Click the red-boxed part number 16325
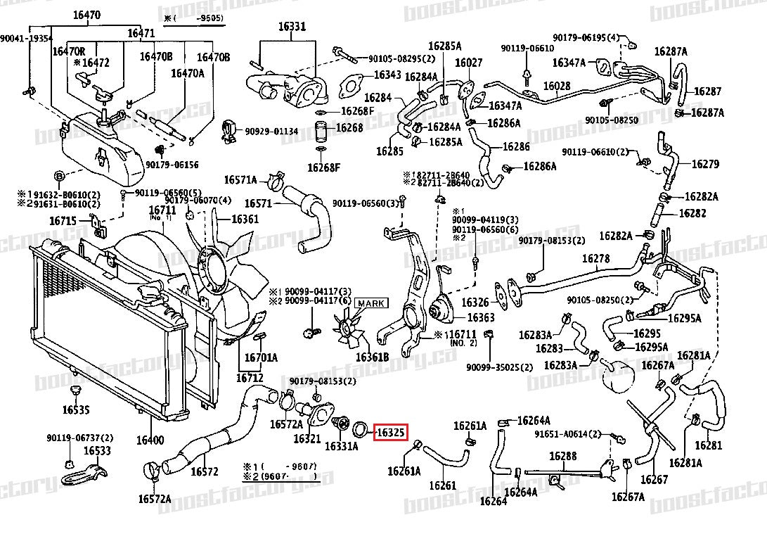pos(390,433)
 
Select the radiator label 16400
pos(150,440)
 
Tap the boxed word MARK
pos(370,304)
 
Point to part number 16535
pos(75,409)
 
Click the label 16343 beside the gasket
pos(387,74)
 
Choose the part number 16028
pos(557,86)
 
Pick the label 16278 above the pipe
pos(595,258)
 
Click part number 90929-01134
pos(271,131)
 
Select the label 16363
pos(481,318)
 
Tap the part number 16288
pos(562,457)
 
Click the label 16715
pos(63,221)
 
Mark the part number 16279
pos(705,164)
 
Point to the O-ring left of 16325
pos(361,428)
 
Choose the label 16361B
pos(372,357)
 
